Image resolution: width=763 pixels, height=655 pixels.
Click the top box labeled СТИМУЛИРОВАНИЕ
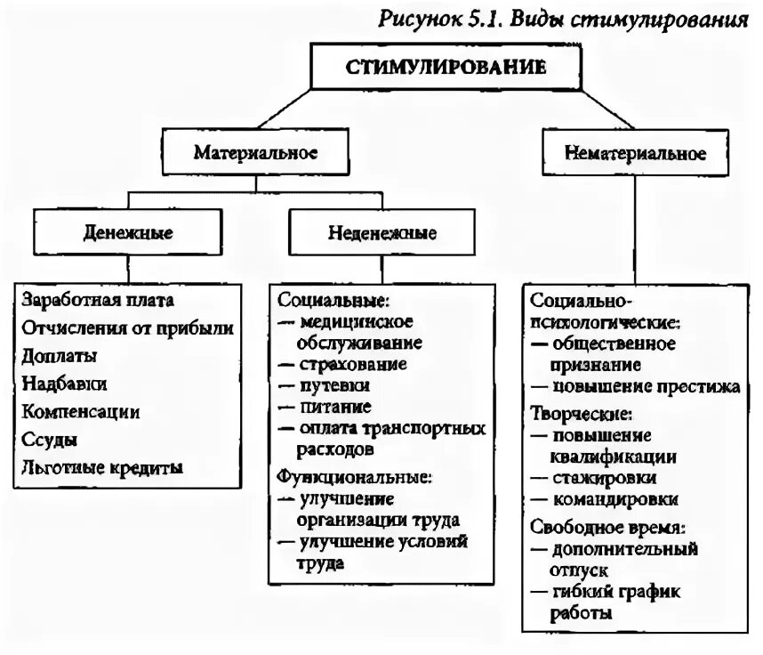click(446, 68)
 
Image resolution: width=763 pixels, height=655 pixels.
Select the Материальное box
click(255, 153)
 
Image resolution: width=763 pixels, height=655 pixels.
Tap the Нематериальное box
click(634, 154)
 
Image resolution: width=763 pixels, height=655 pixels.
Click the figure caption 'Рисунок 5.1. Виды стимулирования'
click(564, 20)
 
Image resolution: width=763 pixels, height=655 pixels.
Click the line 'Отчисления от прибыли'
click(128, 327)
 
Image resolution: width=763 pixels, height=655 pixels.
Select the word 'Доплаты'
click(60, 355)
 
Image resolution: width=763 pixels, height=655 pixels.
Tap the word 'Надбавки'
click(65, 384)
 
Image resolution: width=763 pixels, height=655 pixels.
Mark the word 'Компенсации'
click(81, 411)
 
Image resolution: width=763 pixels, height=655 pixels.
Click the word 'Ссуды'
click(50, 440)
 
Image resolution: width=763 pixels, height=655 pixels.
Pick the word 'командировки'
click(615, 499)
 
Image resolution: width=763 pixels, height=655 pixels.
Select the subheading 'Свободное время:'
click(601, 526)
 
